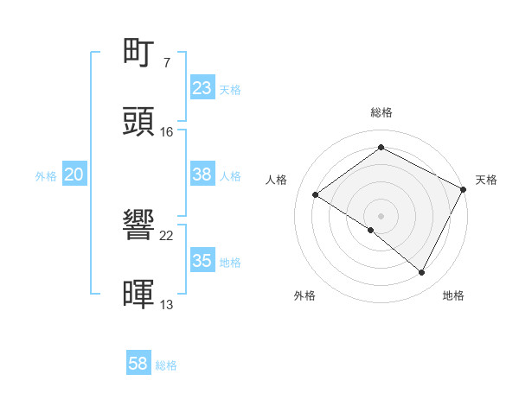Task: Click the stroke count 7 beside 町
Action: pyautogui.click(x=166, y=63)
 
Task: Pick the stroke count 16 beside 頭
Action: pyautogui.click(x=167, y=131)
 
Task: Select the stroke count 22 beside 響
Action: pyautogui.click(x=167, y=236)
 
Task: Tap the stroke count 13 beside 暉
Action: pyautogui.click(x=167, y=304)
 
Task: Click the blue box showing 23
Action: pyautogui.click(x=202, y=87)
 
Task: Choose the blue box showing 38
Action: pyautogui.click(x=202, y=174)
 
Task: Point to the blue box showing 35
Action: pyautogui.click(x=202, y=261)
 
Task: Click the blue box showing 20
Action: pyautogui.click(x=74, y=174)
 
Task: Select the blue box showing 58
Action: pyautogui.click(x=138, y=364)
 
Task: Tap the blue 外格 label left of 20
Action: pyautogui.click(x=46, y=176)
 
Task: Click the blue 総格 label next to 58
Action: pyautogui.click(x=166, y=365)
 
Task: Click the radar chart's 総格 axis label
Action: pyautogui.click(x=381, y=112)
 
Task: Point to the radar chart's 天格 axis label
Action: pyautogui.click(x=486, y=180)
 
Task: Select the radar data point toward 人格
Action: pyautogui.click(x=316, y=194)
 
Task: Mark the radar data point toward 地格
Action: pyautogui.click(x=422, y=273)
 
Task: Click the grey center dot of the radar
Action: pyautogui.click(x=381, y=215)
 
